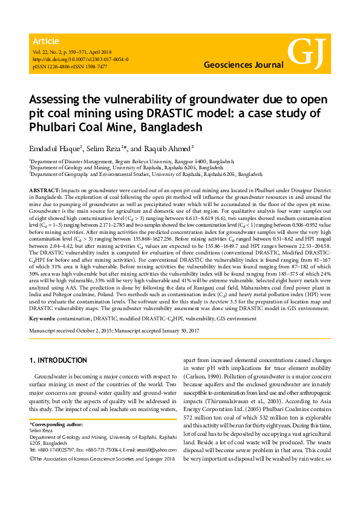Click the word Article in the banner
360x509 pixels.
tap(46, 41)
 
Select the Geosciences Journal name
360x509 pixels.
tap(243, 64)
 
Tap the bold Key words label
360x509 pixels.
tap(43, 317)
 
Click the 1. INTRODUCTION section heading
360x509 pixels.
tap(58, 361)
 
